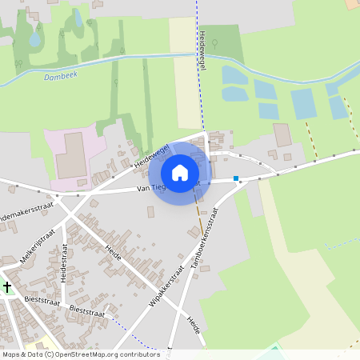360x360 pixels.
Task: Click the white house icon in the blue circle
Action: (180, 173)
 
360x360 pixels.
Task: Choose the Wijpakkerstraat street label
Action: (166, 288)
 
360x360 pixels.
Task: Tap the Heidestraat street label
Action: (63, 264)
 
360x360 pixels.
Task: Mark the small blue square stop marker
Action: (236, 178)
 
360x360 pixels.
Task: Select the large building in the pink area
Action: (73, 155)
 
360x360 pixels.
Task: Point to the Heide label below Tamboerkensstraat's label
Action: (192, 324)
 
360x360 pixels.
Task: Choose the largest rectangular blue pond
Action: (303, 104)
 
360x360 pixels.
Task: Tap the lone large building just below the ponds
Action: (282, 134)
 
